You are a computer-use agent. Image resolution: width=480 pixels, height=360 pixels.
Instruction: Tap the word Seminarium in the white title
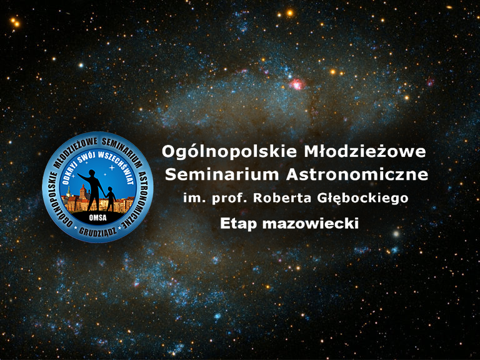(x=222, y=174)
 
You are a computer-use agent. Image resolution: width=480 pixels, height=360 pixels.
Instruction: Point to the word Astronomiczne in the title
(x=357, y=174)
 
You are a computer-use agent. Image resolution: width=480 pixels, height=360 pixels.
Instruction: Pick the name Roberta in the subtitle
(x=282, y=198)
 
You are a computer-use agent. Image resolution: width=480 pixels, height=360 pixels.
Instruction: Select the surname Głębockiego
(x=362, y=198)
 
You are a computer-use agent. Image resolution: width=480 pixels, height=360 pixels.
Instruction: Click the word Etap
(x=239, y=224)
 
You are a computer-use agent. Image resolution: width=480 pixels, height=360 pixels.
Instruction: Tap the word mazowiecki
(x=311, y=223)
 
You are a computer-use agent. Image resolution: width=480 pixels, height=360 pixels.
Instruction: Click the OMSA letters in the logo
(x=97, y=217)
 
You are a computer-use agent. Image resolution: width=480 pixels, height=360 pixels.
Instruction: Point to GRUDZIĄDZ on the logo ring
(x=97, y=231)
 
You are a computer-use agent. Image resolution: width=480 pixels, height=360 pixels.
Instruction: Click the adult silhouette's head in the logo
(x=91, y=173)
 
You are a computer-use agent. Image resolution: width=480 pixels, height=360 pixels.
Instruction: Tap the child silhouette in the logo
(x=110, y=199)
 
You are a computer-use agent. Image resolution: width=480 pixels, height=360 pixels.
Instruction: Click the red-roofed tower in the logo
(x=82, y=192)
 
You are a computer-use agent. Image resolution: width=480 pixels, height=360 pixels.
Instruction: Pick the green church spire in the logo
(x=69, y=191)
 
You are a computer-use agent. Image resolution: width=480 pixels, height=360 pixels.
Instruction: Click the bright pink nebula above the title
(x=297, y=84)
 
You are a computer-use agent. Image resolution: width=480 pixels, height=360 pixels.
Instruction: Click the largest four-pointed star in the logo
(x=112, y=167)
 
